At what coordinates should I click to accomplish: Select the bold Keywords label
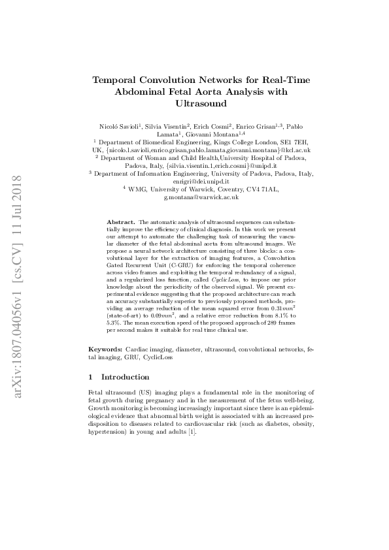coord(105,351)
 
